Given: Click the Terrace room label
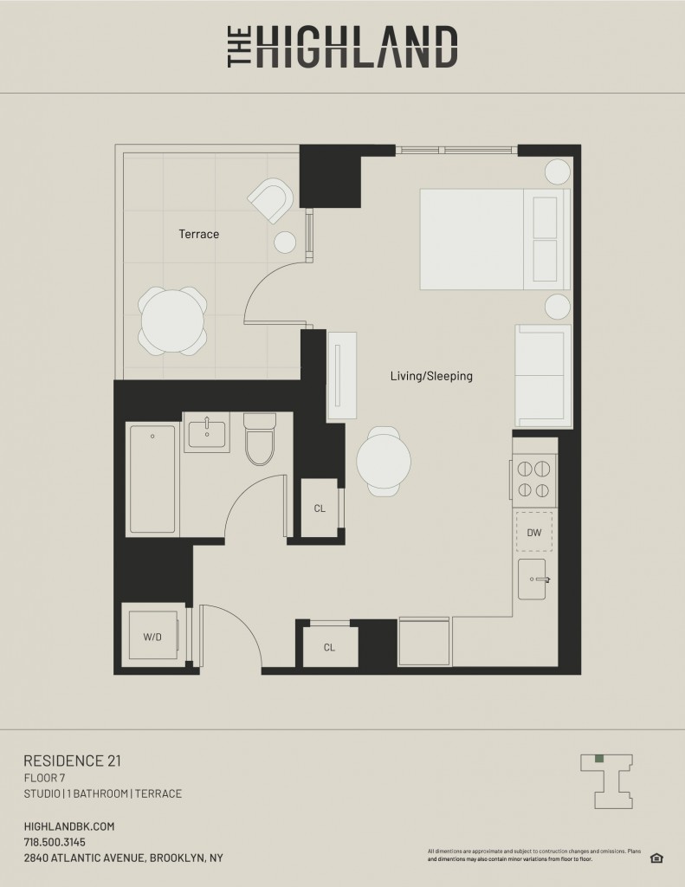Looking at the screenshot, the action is point(198,234).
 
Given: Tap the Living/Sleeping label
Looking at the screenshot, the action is point(431,376).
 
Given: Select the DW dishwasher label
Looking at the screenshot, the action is point(534,533).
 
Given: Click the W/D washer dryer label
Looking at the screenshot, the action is point(152,637).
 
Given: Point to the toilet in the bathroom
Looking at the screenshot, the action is point(260,439).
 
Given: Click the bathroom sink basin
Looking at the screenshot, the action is point(207,433).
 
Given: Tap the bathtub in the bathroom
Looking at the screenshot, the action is point(152,479).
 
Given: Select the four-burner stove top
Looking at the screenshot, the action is point(534,479).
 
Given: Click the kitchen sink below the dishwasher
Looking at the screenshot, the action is point(533,579).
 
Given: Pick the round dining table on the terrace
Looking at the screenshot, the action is point(172,321).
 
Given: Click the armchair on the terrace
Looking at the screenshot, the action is point(271,200).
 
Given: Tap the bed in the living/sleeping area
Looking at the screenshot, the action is point(494,239).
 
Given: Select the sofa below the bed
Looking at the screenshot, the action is point(543,376).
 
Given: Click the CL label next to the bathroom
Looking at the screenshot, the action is point(320,508).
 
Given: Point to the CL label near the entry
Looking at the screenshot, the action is point(329,647).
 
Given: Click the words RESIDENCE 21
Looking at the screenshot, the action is point(73,761).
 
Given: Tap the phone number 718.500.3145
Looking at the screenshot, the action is point(55,842).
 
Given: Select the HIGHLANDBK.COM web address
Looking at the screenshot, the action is point(69,826).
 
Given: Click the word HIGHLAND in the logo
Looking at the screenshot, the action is point(357,47).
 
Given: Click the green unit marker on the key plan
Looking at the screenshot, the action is point(599,759).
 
